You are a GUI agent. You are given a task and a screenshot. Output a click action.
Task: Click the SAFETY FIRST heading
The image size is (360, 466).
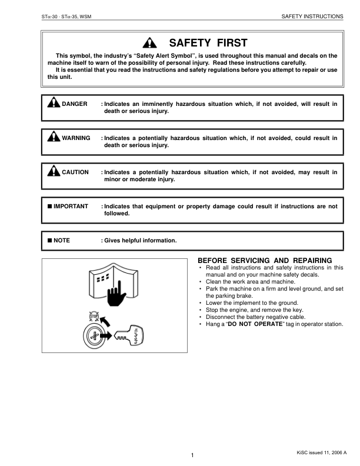(x=208, y=43)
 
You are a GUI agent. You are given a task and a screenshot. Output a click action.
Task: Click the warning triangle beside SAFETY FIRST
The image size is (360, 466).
(x=152, y=43)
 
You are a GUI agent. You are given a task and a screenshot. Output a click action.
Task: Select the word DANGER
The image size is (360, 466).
(x=75, y=104)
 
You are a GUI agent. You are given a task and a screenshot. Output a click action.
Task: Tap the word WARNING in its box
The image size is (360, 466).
(x=76, y=138)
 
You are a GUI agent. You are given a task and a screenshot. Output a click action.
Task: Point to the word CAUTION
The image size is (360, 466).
(x=75, y=172)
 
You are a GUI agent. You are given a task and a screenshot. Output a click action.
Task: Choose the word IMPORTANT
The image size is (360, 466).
(x=71, y=207)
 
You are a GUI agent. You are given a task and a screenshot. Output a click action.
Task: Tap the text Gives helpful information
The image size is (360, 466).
(x=140, y=240)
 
